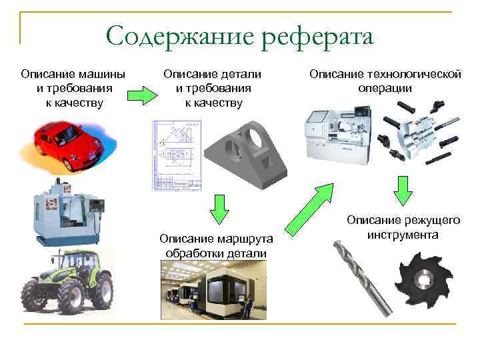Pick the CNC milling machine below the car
point(67,211)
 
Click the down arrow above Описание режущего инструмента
point(402,191)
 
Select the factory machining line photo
point(213,289)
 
